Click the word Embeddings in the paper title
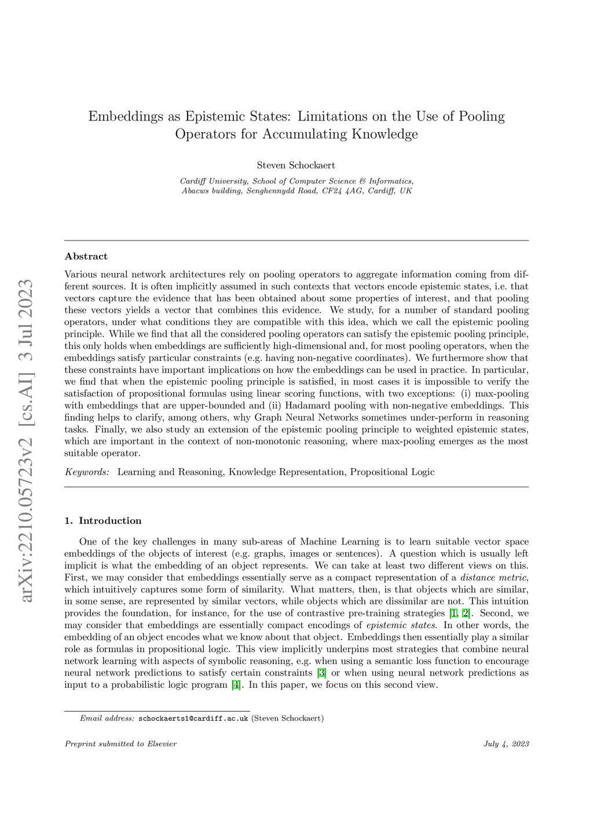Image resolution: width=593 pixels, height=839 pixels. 126,116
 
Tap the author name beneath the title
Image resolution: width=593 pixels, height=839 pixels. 296,165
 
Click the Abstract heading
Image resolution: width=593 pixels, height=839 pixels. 86,256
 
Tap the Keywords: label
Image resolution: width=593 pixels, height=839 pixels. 87,472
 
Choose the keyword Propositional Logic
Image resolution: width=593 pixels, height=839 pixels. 392,472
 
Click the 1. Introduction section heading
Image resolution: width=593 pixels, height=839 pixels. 103,520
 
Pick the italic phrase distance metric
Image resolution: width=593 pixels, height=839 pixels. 493,578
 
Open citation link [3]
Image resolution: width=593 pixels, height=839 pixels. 322,673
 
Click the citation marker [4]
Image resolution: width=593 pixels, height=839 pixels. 236,685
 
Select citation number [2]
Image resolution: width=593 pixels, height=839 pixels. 466,614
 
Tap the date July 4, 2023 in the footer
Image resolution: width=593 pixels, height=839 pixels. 506,744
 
